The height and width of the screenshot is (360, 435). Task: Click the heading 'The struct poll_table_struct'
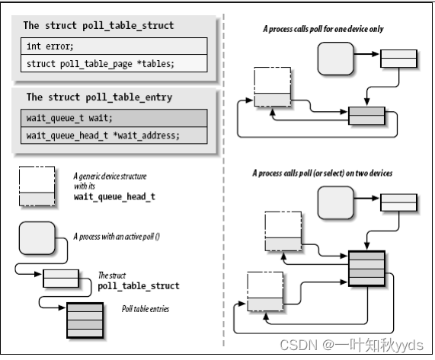pos(98,25)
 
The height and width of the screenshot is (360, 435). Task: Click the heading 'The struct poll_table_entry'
pos(98,97)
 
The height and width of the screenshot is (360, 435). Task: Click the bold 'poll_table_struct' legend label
pos(139,285)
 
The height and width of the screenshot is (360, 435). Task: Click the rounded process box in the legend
pos(39,239)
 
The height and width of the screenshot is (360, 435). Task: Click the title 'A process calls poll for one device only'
pos(323,29)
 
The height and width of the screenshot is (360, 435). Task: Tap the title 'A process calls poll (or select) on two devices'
pos(322,174)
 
